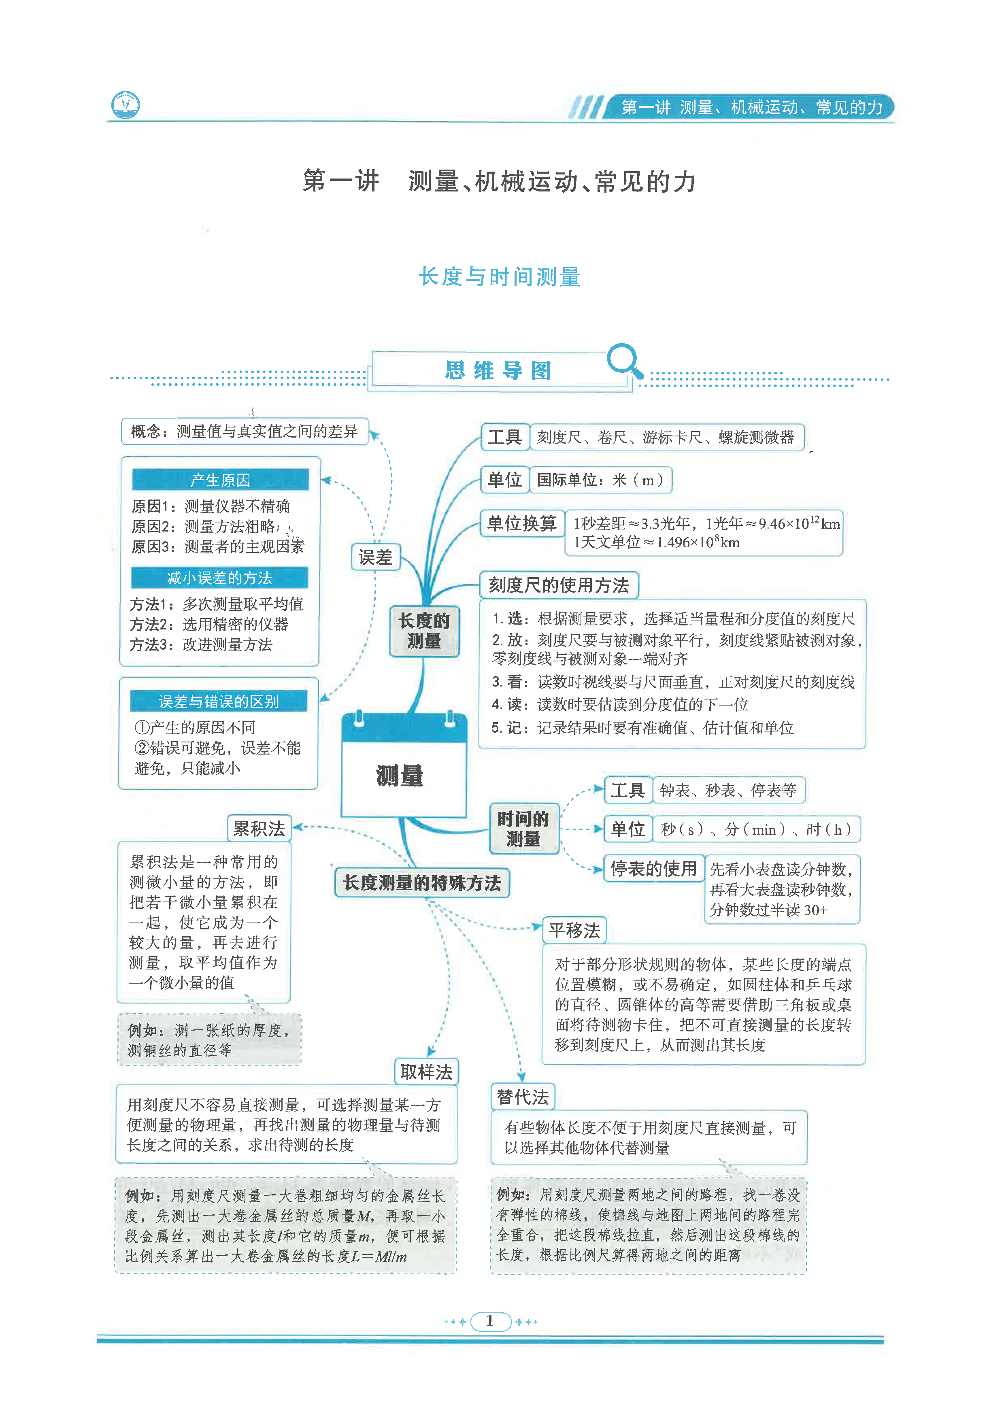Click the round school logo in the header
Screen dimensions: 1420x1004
pyautogui.click(x=125, y=105)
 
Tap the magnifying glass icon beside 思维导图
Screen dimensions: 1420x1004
pyautogui.click(x=624, y=361)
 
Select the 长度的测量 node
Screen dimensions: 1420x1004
pyautogui.click(x=424, y=630)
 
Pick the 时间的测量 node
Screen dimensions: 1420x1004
pyautogui.click(x=523, y=829)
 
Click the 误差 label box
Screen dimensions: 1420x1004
pyautogui.click(x=376, y=557)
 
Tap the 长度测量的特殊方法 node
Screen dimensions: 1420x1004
pyautogui.click(x=422, y=882)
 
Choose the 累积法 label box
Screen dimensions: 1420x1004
pyautogui.click(x=259, y=829)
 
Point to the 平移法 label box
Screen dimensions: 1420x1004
pyautogui.click(x=574, y=931)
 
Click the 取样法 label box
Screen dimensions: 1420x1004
pyautogui.click(x=426, y=1072)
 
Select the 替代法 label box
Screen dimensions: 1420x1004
pyautogui.click(x=523, y=1097)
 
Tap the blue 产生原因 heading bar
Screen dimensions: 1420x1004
pyautogui.click(x=220, y=480)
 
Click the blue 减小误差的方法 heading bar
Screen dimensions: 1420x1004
pyautogui.click(x=219, y=578)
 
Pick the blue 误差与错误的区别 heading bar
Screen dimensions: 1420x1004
pyautogui.click(x=218, y=701)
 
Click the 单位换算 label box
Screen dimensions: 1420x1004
pyautogui.click(x=521, y=524)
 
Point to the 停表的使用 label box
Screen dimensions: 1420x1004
pyautogui.click(x=653, y=869)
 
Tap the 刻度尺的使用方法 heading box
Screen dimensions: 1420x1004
pyautogui.click(x=559, y=585)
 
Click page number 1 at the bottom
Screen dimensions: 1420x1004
pyautogui.click(x=490, y=1321)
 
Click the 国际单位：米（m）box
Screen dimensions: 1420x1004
pyautogui.click(x=600, y=480)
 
